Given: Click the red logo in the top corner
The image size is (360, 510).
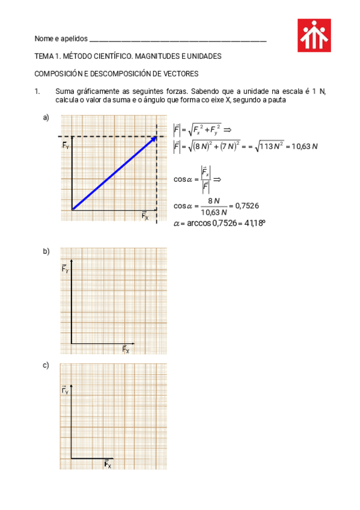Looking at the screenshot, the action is pyautogui.click(x=314, y=35).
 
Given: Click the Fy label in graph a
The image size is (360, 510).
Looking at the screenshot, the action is pyautogui.click(x=66, y=145).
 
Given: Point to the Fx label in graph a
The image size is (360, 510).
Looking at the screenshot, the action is pyautogui.click(x=145, y=216).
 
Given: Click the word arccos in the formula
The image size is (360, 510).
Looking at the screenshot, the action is pyautogui.click(x=198, y=224).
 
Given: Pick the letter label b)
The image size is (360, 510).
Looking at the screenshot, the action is pyautogui.click(x=46, y=251).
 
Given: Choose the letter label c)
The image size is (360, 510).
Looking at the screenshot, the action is pyautogui.click(x=46, y=365).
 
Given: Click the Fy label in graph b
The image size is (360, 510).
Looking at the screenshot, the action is pyautogui.click(x=66, y=269).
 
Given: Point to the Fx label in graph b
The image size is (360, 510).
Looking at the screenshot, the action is pyautogui.click(x=126, y=349).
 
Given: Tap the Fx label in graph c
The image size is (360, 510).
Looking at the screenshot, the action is pyautogui.click(x=108, y=464).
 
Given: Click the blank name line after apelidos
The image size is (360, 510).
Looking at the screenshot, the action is pyautogui.click(x=177, y=40).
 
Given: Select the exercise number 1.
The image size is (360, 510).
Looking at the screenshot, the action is pyautogui.click(x=37, y=91).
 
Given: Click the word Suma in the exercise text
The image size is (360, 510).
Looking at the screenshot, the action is pyautogui.click(x=64, y=91).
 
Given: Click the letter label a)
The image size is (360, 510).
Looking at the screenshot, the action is pyautogui.click(x=46, y=118).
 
